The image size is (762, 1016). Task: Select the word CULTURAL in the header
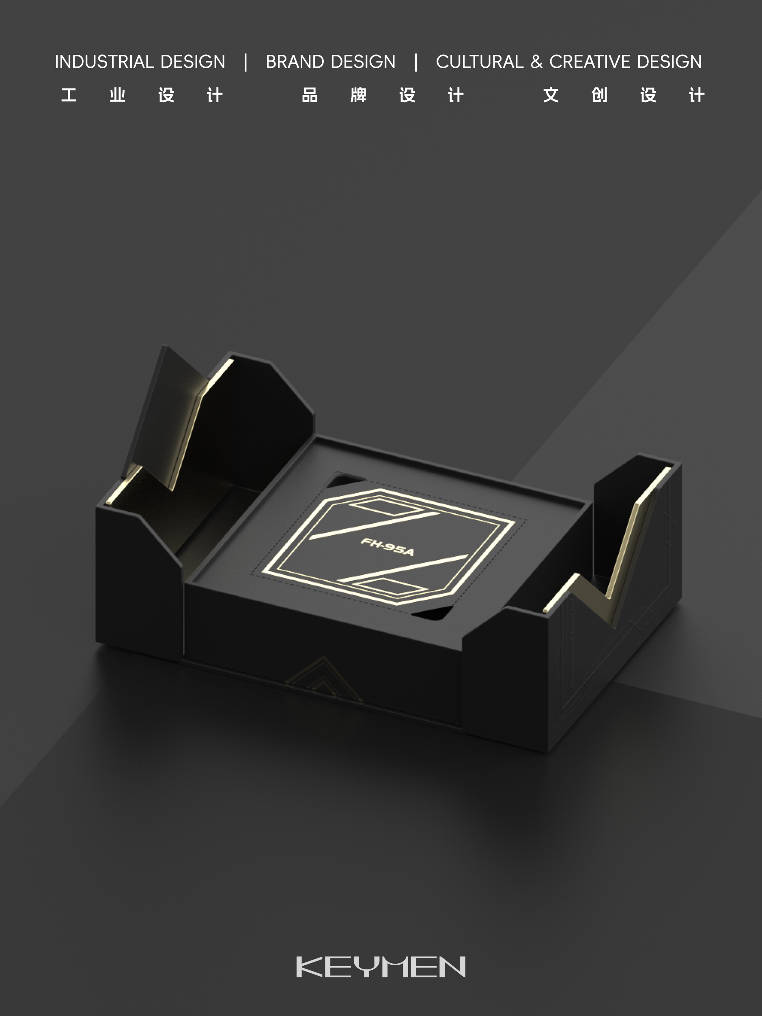point(480,62)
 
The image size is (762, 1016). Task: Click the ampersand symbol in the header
point(536,62)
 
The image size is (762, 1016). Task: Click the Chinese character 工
point(69,95)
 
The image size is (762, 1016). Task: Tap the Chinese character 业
point(118,95)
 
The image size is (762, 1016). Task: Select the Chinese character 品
point(310,95)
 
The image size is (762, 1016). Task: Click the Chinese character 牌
point(359,95)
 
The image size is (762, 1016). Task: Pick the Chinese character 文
point(551,95)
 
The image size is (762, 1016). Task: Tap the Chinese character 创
point(599,95)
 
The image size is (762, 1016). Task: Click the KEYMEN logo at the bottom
point(381,967)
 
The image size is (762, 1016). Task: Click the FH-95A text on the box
point(387,547)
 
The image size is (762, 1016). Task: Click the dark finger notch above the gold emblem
point(347,481)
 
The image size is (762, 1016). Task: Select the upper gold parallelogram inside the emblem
point(386,507)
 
